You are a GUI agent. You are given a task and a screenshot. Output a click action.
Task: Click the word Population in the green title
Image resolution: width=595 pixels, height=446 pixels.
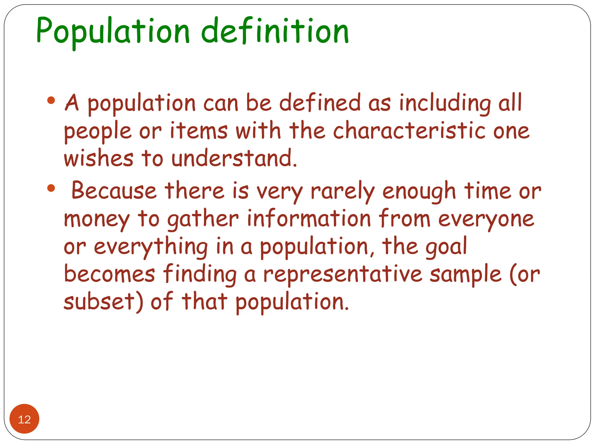point(113,31)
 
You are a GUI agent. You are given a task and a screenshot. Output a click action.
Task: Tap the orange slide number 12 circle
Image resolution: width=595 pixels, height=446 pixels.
point(24,419)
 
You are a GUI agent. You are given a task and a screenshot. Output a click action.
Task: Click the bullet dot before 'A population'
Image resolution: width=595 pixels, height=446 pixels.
point(51,100)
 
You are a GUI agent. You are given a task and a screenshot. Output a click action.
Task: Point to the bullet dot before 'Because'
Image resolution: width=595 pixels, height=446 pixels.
point(51,188)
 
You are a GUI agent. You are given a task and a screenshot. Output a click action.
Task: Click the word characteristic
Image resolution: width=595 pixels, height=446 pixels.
point(409,131)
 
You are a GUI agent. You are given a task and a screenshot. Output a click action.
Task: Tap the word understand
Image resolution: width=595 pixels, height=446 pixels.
point(234,159)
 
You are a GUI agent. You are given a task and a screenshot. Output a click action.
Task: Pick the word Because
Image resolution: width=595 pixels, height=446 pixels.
point(114,191)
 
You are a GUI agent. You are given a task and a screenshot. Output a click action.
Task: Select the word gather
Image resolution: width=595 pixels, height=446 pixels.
point(203,219)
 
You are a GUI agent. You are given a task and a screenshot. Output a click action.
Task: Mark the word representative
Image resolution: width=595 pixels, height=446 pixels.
point(343,275)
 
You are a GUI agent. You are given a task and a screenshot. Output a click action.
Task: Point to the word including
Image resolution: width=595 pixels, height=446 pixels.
point(445,103)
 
